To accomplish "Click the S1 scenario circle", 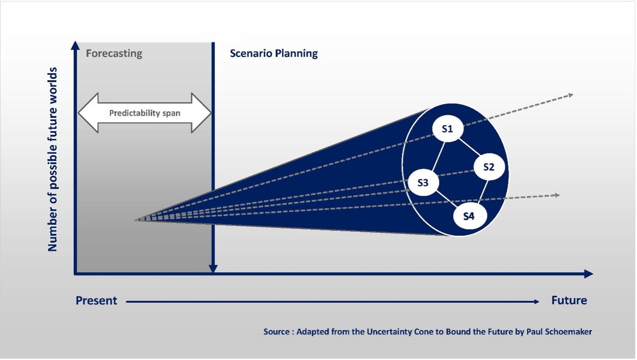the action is point(447,128).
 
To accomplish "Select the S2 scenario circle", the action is point(489,167).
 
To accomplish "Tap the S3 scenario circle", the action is point(423,182).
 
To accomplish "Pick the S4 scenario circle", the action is point(470,216).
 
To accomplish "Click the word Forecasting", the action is point(114,54).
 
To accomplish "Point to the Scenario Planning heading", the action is point(273,54).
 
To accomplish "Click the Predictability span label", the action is point(145,113).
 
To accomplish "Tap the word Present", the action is point(96,301).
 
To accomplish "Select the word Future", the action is point(569,301).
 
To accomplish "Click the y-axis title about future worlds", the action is point(53,159).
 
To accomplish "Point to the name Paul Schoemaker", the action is point(559,331).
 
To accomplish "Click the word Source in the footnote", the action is point(277,331).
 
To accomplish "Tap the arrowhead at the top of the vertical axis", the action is point(75,45).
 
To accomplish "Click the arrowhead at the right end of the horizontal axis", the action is point(588,274).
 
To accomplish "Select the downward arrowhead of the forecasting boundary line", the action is point(213,269).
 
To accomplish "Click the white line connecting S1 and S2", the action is point(469,147).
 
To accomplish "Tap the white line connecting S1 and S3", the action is point(438,156).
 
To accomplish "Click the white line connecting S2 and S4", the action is point(483,192).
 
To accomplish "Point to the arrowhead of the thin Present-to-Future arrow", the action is point(537,302).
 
